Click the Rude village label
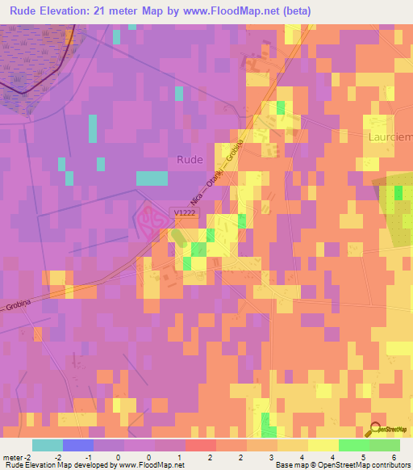click(190, 160)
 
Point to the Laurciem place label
click(391, 137)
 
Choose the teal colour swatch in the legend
click(48, 444)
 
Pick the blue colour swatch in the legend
click(78, 444)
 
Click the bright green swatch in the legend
click(353, 444)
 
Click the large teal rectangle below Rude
click(152, 178)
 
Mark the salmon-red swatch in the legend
click(201, 444)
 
